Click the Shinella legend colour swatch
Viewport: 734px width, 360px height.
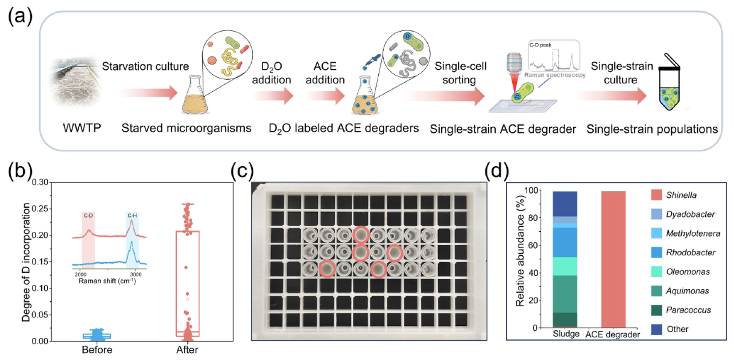(x=656, y=195)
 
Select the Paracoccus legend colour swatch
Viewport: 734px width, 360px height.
(x=656, y=310)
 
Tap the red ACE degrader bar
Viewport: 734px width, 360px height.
(x=613, y=260)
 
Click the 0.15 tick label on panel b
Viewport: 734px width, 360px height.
(x=40, y=262)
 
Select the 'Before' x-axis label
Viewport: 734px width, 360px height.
(x=97, y=350)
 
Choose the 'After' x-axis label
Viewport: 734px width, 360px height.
(x=187, y=350)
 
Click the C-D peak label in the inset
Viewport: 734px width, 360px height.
(x=88, y=216)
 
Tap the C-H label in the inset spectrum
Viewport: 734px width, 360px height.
(x=132, y=216)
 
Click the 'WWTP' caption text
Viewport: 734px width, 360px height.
(x=82, y=128)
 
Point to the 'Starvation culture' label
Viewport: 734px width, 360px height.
(x=146, y=66)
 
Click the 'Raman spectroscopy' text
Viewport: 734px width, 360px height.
(x=555, y=75)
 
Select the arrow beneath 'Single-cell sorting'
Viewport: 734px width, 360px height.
(x=445, y=96)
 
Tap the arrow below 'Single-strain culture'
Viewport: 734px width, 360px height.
(x=612, y=96)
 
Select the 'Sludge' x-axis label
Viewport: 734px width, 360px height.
(x=566, y=334)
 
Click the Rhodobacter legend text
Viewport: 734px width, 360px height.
(x=691, y=252)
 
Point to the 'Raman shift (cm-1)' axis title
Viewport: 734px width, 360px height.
(x=108, y=281)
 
